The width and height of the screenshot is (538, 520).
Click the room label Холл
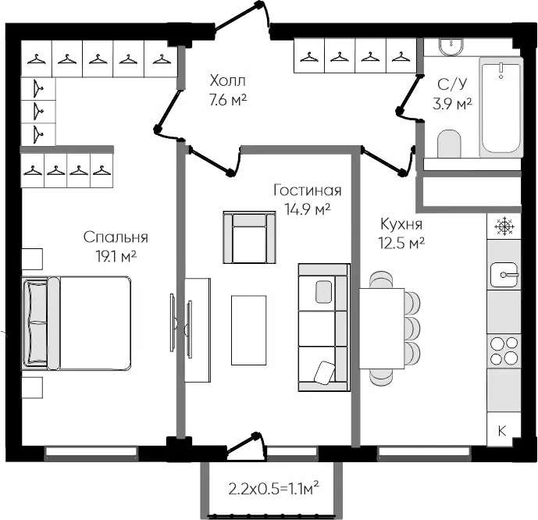tap(227, 81)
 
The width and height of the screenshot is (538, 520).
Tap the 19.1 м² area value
tap(116, 256)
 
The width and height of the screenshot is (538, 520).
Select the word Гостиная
tap(308, 191)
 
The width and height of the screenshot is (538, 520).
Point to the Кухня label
tap(401, 224)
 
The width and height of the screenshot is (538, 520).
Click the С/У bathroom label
tap(452, 84)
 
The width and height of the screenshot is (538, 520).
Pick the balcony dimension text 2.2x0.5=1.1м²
tap(274, 489)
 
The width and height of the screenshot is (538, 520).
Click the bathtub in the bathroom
tap(501, 108)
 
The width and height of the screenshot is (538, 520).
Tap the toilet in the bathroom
tap(449, 144)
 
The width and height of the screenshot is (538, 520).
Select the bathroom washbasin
tap(451, 46)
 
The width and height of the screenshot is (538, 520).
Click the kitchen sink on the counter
tap(504, 275)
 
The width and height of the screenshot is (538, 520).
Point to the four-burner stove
tap(504, 351)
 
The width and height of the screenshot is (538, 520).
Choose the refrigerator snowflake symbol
tap(504, 226)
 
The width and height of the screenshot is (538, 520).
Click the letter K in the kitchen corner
tap(502, 430)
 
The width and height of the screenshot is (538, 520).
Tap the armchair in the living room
tap(249, 237)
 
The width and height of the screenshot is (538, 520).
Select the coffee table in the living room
tap(249, 330)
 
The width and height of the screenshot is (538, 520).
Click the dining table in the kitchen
tap(382, 329)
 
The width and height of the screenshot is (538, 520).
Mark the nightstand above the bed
tap(32, 259)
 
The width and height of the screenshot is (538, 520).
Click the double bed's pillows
tap(35, 323)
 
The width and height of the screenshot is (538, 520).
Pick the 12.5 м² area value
tap(401, 243)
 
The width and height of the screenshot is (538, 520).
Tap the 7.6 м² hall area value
tap(228, 100)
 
